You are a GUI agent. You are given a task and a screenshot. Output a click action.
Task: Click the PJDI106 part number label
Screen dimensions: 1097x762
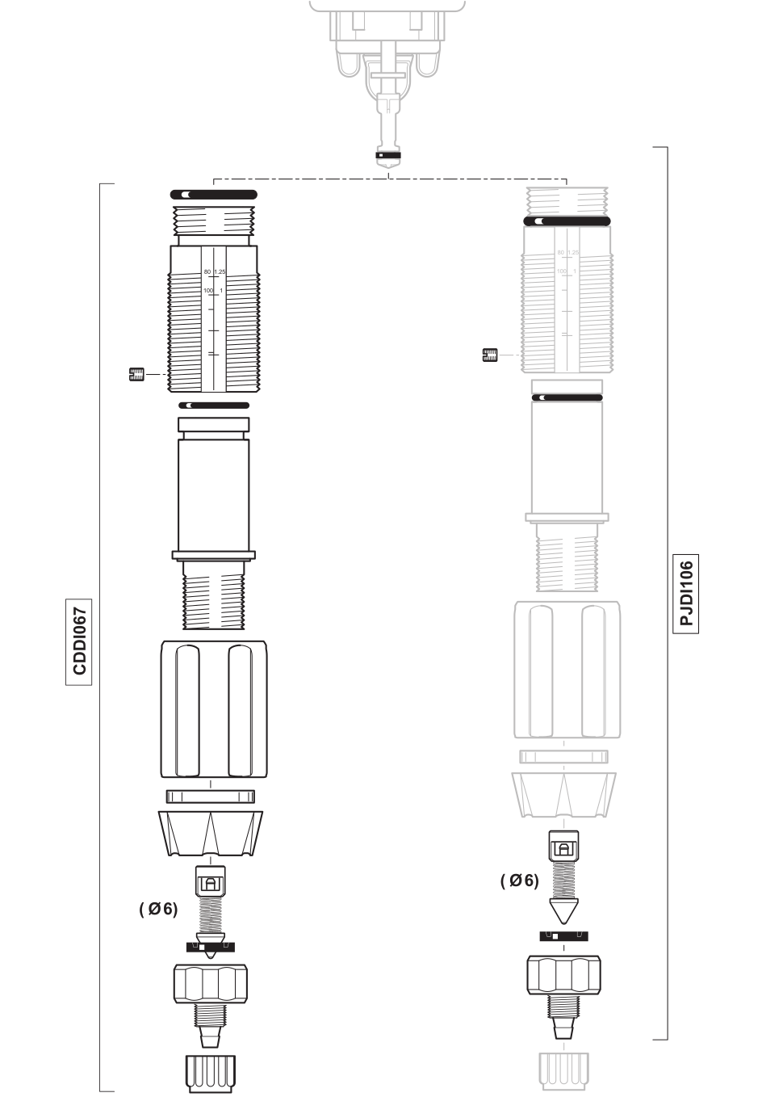[x=687, y=594]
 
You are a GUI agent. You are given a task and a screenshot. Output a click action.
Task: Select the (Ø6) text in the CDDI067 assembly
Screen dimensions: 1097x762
[x=158, y=909]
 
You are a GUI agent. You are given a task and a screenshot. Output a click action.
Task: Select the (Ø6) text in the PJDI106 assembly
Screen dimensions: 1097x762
[x=519, y=881]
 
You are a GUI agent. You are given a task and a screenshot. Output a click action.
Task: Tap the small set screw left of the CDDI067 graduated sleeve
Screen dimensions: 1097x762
[x=136, y=374]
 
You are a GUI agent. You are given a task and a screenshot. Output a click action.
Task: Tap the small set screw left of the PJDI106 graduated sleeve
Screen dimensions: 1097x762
[x=489, y=354]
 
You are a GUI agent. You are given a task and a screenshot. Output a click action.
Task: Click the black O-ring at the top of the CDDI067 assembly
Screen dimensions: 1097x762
[x=214, y=195]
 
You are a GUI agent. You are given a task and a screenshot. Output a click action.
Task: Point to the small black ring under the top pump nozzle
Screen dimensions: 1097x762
[x=389, y=154]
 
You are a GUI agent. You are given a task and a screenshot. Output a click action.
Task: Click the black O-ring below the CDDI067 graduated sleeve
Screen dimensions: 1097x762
[x=214, y=406]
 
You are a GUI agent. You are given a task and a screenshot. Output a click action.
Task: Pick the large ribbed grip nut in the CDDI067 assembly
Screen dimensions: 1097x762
[x=211, y=708]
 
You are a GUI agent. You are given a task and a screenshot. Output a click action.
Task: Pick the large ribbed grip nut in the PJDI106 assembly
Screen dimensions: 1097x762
[x=567, y=670]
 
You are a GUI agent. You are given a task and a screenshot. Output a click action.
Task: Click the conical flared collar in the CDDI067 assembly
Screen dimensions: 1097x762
[x=211, y=834]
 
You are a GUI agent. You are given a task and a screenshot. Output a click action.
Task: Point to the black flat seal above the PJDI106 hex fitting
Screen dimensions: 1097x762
[x=563, y=936]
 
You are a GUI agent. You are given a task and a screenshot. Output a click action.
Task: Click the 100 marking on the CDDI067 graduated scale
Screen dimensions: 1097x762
[x=207, y=290]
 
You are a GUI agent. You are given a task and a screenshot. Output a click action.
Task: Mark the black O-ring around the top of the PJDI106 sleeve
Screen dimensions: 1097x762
[x=567, y=221]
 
